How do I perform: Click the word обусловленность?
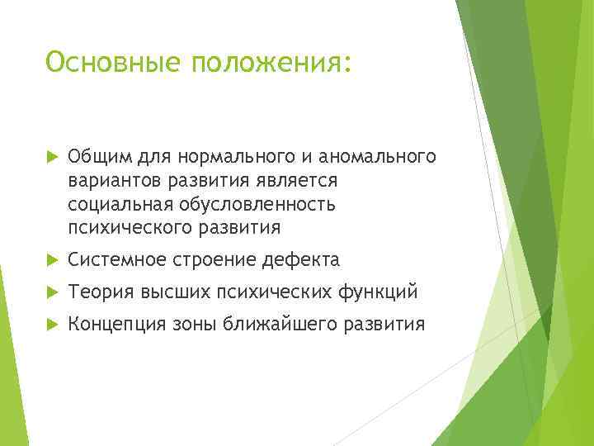point(262,203)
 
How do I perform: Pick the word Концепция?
point(117,325)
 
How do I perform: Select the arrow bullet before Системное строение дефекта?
point(51,261)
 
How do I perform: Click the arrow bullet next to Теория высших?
point(51,293)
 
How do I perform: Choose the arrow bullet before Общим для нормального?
point(51,157)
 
